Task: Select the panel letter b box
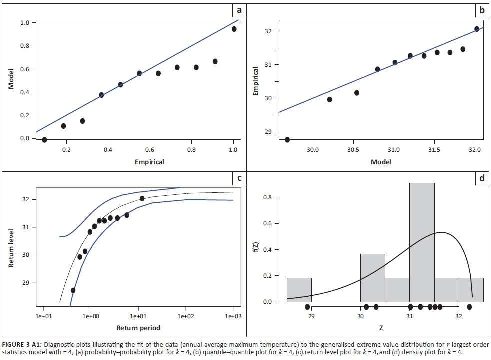(x=481, y=10)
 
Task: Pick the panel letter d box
(x=481, y=178)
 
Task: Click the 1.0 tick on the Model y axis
(x=23, y=23)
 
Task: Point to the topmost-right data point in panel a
(x=234, y=29)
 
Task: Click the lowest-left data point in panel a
(x=44, y=140)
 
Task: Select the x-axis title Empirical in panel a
(x=149, y=162)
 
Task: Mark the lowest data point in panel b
(x=287, y=140)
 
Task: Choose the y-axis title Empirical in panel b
(x=255, y=82)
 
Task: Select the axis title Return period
(x=138, y=328)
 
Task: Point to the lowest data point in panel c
(x=73, y=290)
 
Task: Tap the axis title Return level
(x=12, y=248)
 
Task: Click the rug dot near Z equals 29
(x=307, y=307)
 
